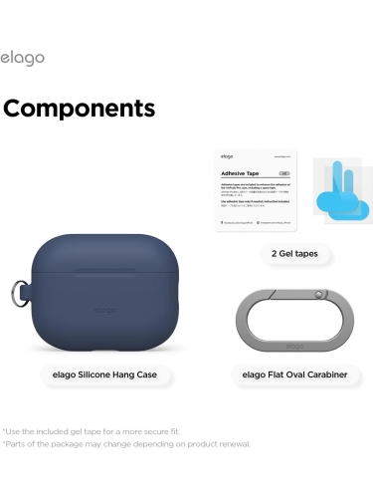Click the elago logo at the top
pyautogui.click(x=22, y=59)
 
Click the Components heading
pyautogui.click(x=80, y=108)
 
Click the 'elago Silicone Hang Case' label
pyautogui.click(x=105, y=374)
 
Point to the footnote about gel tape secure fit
pyautogui.click(x=92, y=430)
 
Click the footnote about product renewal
pyautogui.click(x=126, y=444)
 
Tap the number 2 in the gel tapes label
pyautogui.click(x=261, y=254)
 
